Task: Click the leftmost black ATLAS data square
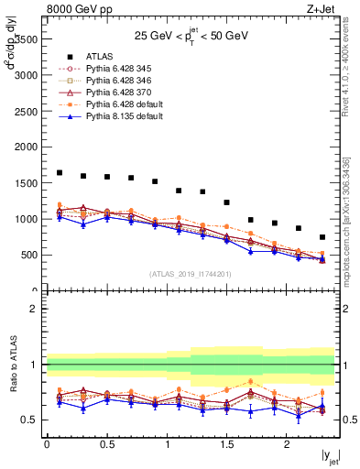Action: pyautogui.click(x=59, y=172)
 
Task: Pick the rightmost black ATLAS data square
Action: pyautogui.click(x=322, y=236)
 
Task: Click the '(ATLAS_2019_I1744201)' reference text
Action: pyautogui.click(x=191, y=274)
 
